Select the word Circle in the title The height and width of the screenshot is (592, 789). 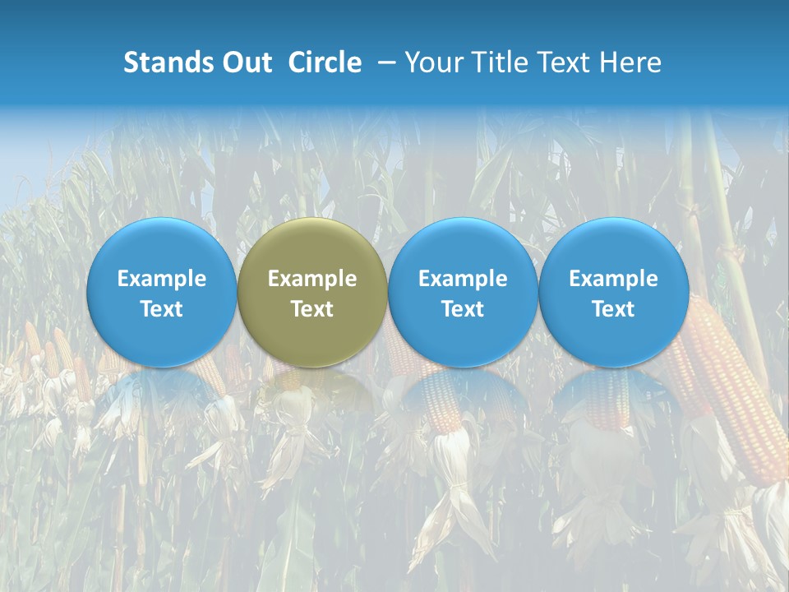(x=325, y=62)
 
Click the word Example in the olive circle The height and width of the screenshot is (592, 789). (x=312, y=279)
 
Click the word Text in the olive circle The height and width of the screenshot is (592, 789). (x=312, y=309)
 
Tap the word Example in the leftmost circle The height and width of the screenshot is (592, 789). (x=161, y=279)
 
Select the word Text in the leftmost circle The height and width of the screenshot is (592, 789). (x=161, y=309)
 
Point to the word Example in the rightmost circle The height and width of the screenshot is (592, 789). (x=613, y=279)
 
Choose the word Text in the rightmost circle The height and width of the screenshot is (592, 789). (x=613, y=309)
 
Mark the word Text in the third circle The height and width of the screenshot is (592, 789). (x=463, y=309)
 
